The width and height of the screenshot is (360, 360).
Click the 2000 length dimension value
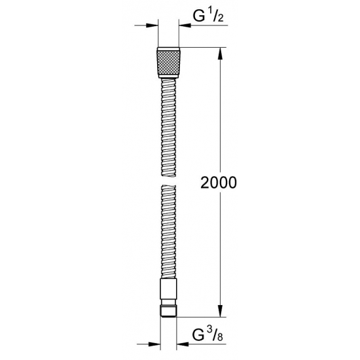click(218, 183)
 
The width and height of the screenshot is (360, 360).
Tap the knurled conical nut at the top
click(168, 62)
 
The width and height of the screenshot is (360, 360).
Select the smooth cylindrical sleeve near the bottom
click(168, 289)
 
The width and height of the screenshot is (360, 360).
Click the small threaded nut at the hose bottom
click(168, 311)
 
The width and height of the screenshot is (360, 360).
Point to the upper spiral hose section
click(168, 128)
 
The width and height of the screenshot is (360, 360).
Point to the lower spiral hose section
click(168, 232)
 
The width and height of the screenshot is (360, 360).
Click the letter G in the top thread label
click(199, 16)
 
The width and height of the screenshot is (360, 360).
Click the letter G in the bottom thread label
click(198, 335)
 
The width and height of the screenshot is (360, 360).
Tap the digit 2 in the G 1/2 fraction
click(220, 18)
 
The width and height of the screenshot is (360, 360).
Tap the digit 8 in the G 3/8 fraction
click(220, 337)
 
